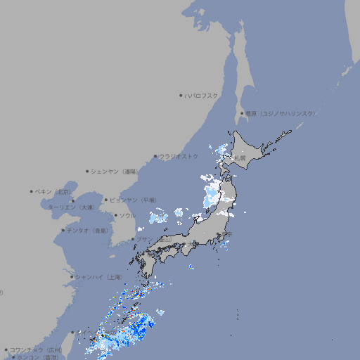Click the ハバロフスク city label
coord(202,95)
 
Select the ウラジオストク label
coord(179,156)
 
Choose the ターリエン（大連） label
coord(71,207)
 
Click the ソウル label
coord(127,215)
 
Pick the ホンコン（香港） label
coord(38,357)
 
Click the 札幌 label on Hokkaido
coord(240,158)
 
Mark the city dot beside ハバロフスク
coord(181,95)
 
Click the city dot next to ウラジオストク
coord(155,156)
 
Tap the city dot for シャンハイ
coord(71,277)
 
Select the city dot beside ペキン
coord(32,191)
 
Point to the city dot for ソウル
coord(116,215)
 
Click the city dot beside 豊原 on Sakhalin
coord(242,113)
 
